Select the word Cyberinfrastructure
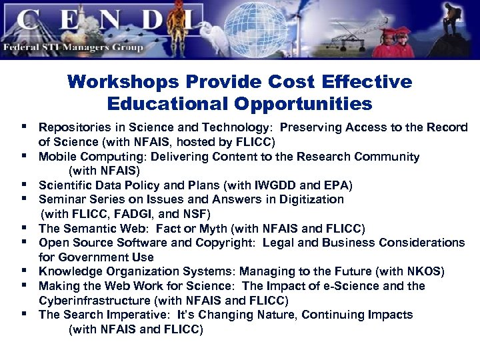coord(92,301)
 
